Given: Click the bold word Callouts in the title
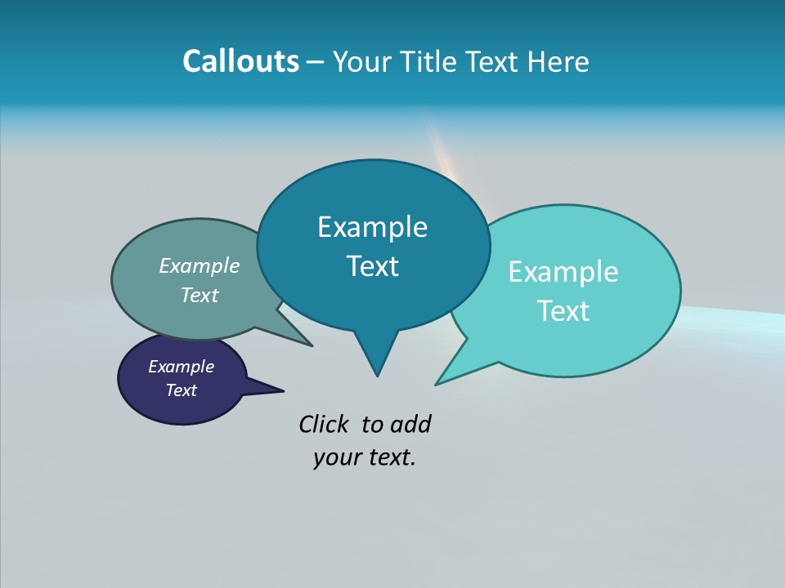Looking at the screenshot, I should (240, 61).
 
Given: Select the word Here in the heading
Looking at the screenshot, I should (558, 61).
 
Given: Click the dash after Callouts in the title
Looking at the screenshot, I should (316, 62).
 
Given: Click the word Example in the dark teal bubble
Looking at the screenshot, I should (372, 226).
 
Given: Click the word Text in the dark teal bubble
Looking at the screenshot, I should (372, 265).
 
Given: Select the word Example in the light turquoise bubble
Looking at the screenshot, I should (563, 271).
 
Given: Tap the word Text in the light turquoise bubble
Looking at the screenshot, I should (563, 310).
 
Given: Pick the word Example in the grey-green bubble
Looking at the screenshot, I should (200, 265).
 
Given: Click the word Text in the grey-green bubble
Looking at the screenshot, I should (200, 295).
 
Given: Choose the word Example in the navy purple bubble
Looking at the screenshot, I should (181, 367).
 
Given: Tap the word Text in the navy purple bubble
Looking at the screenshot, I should (181, 390).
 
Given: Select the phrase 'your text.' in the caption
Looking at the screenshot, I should (364, 457).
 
